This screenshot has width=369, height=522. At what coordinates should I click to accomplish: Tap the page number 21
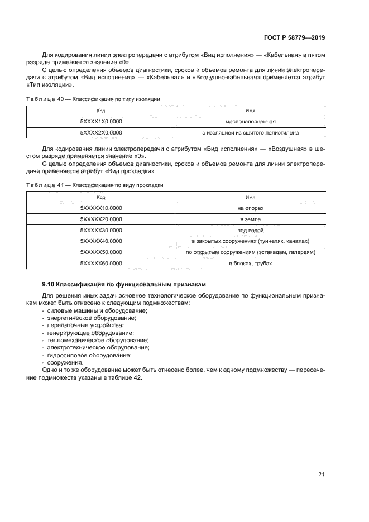point(321,475)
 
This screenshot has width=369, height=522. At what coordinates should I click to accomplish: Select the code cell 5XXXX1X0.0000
point(101,122)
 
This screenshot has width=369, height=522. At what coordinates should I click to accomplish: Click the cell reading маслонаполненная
point(250,122)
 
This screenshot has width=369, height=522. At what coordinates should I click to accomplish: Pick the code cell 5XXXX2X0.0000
point(101,133)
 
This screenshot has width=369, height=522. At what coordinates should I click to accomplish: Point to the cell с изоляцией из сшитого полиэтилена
point(250,133)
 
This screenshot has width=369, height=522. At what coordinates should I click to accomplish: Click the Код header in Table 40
point(101,111)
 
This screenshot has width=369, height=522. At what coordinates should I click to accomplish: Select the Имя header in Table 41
point(250,197)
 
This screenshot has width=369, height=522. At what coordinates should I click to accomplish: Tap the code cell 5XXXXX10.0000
point(101,208)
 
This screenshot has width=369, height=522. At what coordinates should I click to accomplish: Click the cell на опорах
point(250,208)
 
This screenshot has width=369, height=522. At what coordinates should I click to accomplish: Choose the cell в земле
point(250,219)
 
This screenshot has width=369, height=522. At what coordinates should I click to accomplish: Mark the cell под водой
point(250,230)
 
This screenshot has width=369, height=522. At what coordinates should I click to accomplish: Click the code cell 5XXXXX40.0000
point(101,241)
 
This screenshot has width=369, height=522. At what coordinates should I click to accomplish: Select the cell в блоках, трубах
point(250,263)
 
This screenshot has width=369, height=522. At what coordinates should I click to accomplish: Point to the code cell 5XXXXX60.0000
point(101,263)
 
